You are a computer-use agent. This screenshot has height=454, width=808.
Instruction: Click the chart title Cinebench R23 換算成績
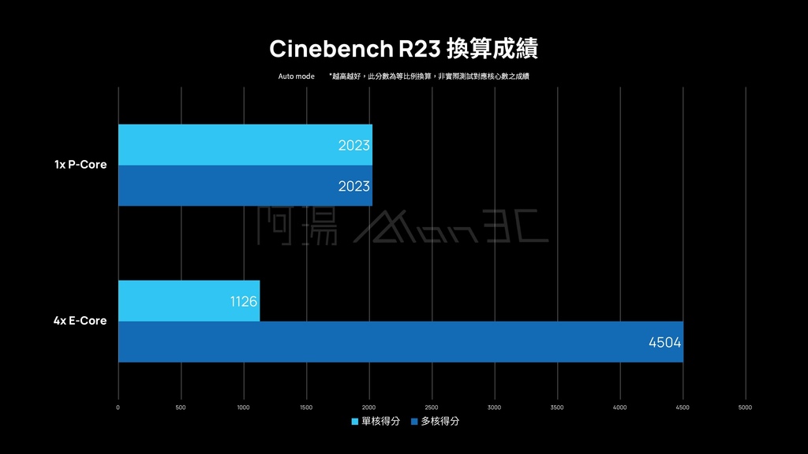403,49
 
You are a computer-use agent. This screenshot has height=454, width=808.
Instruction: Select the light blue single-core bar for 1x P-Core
245,145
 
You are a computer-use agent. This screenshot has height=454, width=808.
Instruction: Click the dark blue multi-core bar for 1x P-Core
245,186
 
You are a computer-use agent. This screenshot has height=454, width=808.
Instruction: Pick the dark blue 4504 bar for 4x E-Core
400,342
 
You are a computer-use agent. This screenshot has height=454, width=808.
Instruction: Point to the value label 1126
244,301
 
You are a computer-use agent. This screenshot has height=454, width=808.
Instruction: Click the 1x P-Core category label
80,166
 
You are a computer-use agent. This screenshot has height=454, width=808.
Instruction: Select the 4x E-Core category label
80,321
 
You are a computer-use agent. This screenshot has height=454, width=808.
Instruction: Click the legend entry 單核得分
376,422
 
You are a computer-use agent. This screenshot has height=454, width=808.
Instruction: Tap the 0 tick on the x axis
118,407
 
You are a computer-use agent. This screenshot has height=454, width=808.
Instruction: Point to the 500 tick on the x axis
181,407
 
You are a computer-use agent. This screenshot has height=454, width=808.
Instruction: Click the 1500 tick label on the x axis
306,407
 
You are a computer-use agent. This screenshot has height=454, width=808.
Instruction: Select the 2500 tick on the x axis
432,407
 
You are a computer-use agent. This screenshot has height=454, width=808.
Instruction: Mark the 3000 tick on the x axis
494,407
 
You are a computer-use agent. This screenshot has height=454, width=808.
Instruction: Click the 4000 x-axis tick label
619,407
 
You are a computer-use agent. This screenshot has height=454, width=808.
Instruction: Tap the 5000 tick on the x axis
745,407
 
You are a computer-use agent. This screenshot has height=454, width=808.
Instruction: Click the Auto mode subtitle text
296,76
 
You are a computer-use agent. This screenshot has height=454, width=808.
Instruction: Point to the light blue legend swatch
355,422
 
